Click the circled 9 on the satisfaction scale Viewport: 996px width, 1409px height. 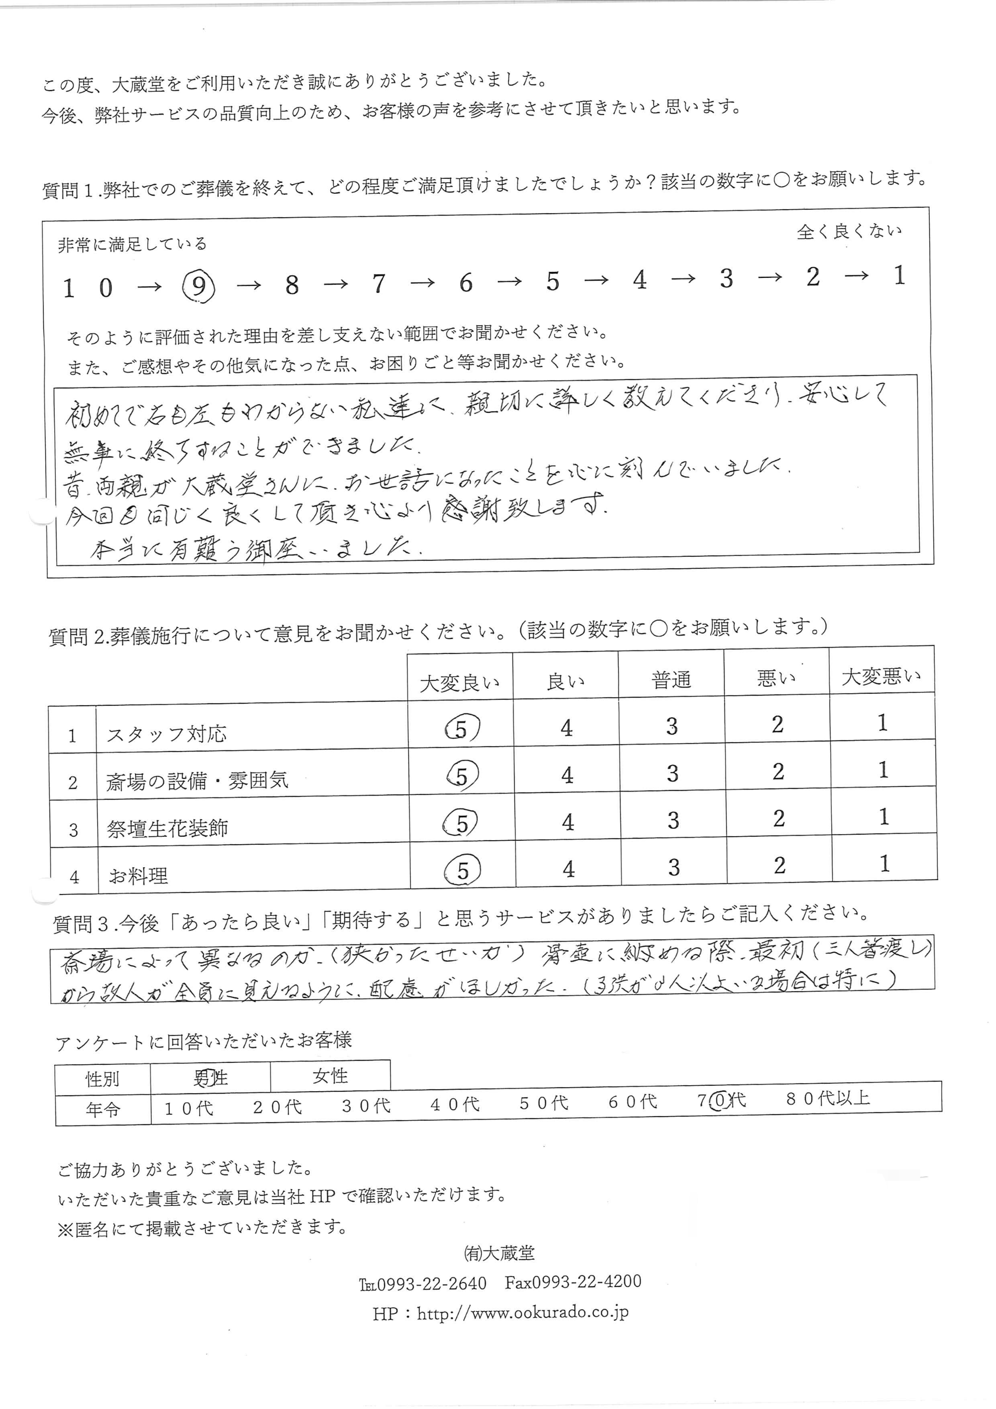(x=199, y=286)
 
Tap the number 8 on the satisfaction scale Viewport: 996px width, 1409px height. (x=292, y=285)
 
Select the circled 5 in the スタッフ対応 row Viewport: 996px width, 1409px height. (x=461, y=729)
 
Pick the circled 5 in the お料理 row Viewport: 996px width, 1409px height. (x=463, y=870)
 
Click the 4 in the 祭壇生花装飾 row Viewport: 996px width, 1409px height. (x=568, y=822)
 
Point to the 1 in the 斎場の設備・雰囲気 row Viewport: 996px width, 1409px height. (x=883, y=770)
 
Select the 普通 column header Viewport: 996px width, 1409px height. (x=671, y=680)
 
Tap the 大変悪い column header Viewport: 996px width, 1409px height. (x=881, y=677)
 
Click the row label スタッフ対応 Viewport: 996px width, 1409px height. (x=166, y=734)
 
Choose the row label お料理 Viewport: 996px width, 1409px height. (x=138, y=876)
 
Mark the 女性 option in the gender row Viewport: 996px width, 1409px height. (x=330, y=1076)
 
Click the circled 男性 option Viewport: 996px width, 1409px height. (x=211, y=1078)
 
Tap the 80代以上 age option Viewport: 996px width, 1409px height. (x=828, y=1098)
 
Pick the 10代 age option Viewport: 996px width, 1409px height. (x=189, y=1108)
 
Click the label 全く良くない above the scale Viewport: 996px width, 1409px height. (x=849, y=232)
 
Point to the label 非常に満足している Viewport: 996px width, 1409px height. (x=132, y=244)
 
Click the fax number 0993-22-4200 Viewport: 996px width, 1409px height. (x=573, y=1282)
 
